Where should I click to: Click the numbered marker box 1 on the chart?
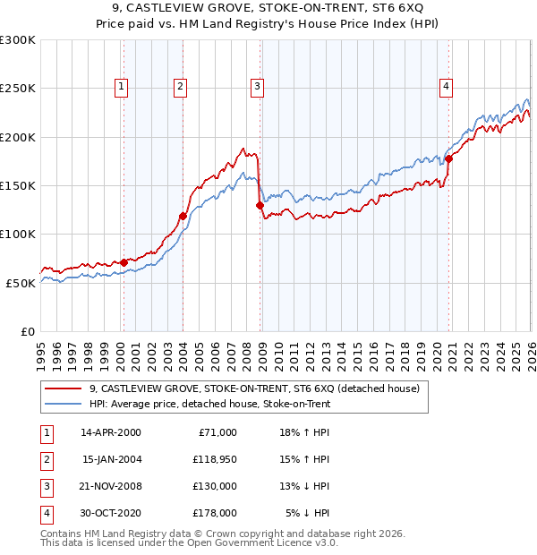(x=121, y=87)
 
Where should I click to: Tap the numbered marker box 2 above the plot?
(x=180, y=87)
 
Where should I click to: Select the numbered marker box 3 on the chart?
(x=257, y=87)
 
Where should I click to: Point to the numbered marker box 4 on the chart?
(x=446, y=87)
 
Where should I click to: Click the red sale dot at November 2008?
(x=260, y=205)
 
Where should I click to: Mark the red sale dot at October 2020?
(x=448, y=158)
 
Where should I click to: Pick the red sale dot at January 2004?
(x=183, y=216)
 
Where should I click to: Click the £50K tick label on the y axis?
(x=21, y=283)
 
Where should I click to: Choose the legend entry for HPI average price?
(x=209, y=404)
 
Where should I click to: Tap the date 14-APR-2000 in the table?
(x=111, y=432)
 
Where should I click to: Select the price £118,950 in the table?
(x=215, y=459)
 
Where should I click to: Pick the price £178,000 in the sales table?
(x=215, y=513)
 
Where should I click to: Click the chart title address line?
(x=268, y=8)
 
